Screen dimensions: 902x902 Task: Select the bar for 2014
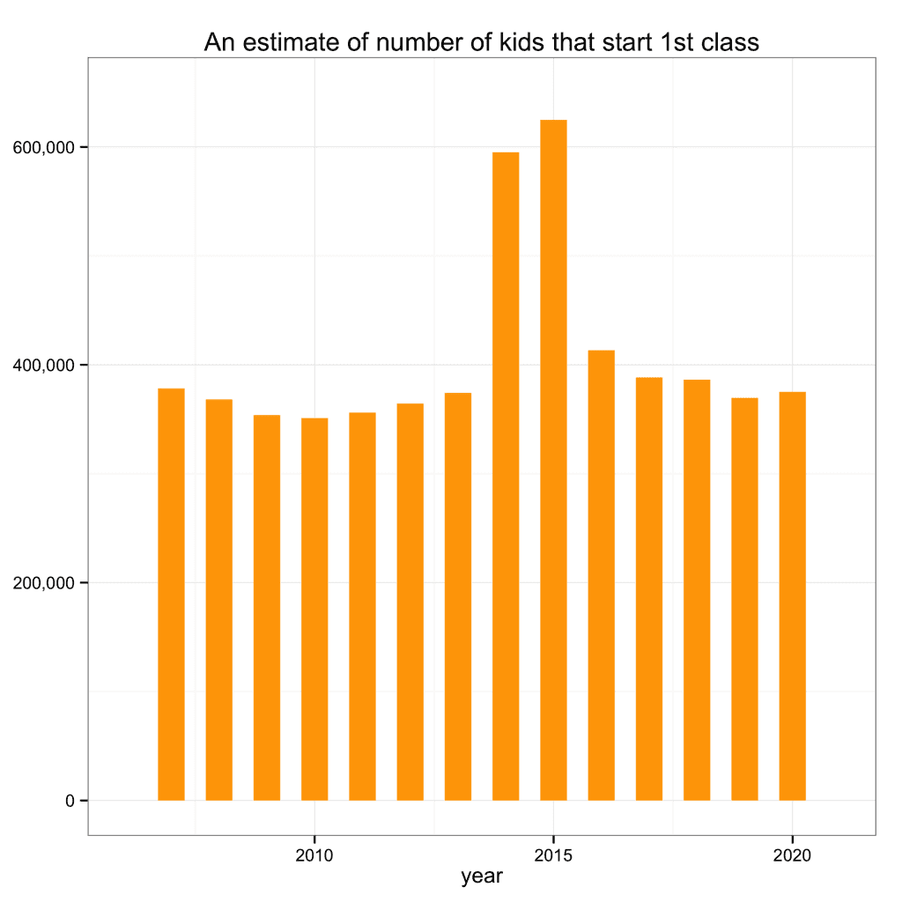pos(506,476)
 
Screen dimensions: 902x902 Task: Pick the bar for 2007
pos(171,594)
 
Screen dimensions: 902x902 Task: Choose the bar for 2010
pos(314,609)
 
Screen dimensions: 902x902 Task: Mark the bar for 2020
pos(792,595)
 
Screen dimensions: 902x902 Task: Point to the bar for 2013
pos(458,596)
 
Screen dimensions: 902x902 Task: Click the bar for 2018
pos(697,589)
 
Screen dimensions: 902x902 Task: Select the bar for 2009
pos(267,607)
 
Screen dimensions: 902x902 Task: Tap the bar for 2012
pos(410,602)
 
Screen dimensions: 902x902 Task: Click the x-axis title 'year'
pos(482,876)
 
